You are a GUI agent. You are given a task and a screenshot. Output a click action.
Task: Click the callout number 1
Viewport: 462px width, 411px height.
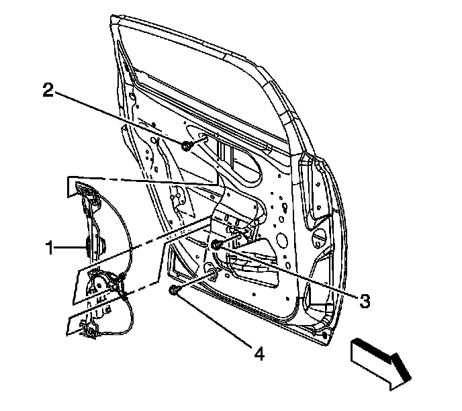[50, 248]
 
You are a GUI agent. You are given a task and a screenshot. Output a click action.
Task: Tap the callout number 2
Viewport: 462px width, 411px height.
[48, 89]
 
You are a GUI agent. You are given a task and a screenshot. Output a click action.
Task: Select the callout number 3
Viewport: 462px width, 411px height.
[365, 302]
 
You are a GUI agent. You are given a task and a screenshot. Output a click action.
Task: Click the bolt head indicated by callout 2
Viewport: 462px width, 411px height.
[186, 145]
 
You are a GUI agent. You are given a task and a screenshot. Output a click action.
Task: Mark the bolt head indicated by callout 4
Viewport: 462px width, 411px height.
[174, 290]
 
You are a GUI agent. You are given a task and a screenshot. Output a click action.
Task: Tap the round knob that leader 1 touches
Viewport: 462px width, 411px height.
[91, 246]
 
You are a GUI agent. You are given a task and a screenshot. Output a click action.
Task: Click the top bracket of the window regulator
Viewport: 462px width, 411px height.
[85, 195]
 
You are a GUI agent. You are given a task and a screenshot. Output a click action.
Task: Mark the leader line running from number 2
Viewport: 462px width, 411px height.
[121, 118]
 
